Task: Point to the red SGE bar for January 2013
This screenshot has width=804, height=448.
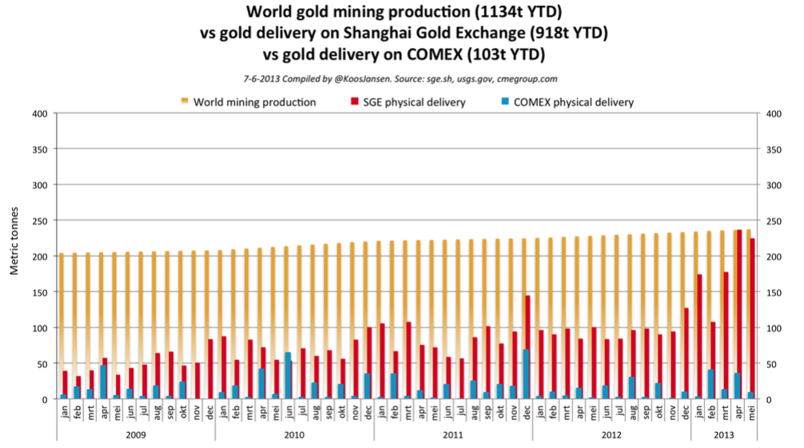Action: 699,336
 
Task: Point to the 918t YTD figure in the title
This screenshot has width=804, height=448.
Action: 568,34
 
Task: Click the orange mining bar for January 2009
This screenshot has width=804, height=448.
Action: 62,319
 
